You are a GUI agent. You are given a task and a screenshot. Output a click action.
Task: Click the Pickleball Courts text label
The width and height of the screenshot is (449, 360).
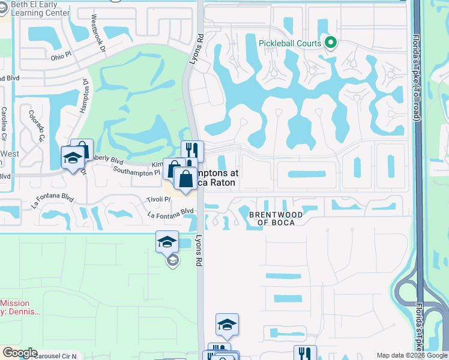[290, 43]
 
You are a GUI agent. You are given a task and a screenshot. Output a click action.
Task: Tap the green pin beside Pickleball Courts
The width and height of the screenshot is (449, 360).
[330, 43]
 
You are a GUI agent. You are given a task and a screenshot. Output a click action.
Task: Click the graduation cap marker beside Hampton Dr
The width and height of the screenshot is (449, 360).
[73, 158]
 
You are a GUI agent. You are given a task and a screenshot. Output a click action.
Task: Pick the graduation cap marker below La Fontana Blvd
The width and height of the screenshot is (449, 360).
[167, 242]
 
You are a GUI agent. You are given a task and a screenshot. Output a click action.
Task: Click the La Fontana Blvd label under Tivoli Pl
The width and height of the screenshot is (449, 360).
[171, 211]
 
